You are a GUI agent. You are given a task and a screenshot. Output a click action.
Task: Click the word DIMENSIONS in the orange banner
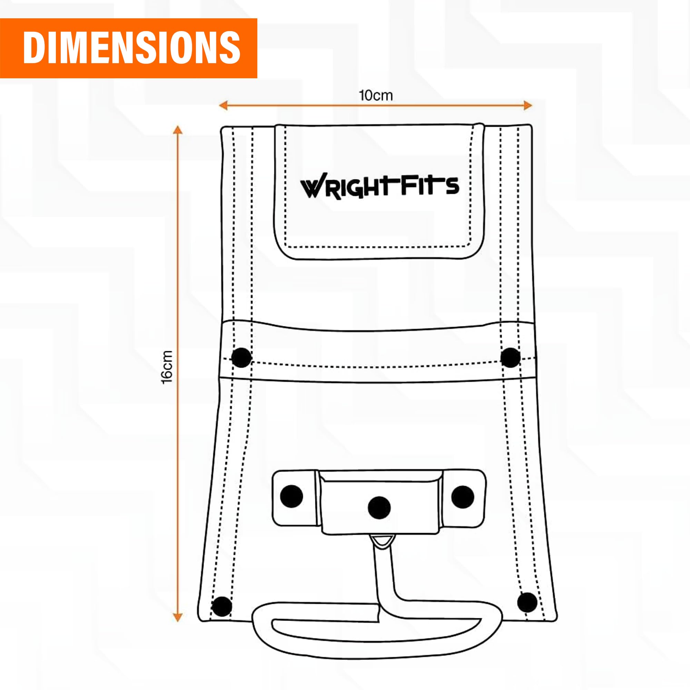click(x=131, y=48)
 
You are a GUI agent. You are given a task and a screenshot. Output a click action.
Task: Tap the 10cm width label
click(x=376, y=96)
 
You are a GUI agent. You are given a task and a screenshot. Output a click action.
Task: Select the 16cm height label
click(x=167, y=367)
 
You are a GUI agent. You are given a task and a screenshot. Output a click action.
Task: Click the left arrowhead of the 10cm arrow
click(x=223, y=105)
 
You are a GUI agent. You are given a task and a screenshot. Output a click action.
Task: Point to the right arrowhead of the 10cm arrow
click(x=528, y=105)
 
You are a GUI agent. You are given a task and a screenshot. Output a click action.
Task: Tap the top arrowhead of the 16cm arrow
click(x=177, y=130)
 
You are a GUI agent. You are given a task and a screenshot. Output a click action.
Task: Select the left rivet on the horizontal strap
click(x=241, y=357)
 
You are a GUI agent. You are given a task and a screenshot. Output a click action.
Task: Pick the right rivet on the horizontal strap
click(x=510, y=357)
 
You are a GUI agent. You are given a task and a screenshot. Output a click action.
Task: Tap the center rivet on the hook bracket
click(x=379, y=508)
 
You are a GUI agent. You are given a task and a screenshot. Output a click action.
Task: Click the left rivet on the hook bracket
click(x=292, y=496)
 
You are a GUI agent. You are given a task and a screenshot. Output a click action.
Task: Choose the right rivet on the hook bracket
click(x=463, y=496)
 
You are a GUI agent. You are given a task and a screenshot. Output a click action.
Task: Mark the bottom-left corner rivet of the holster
click(x=222, y=607)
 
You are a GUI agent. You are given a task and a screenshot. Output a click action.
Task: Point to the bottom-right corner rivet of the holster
click(x=527, y=602)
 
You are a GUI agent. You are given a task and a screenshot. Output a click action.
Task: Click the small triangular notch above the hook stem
click(x=382, y=540)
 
